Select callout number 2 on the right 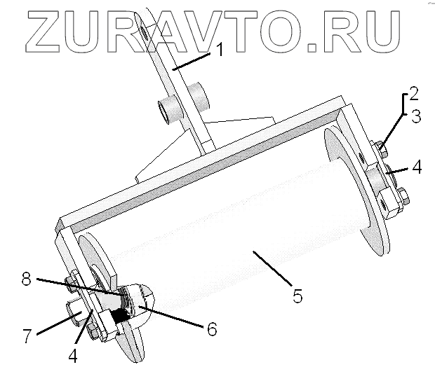coord(415,94)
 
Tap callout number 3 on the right coord(415,116)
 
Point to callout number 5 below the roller coord(297,296)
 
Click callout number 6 coord(210,327)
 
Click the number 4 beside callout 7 coord(74,354)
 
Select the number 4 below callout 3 coord(416,168)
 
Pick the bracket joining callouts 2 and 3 coord(402,105)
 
